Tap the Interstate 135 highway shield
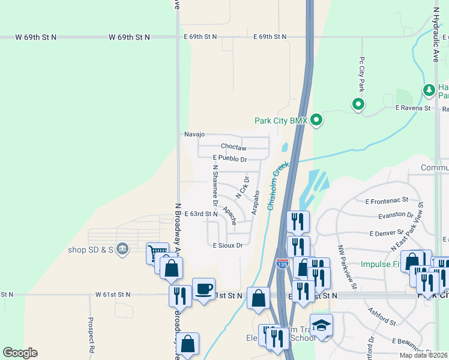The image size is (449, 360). pyautogui.click(x=282, y=263)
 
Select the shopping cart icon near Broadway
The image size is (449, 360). pyautogui.click(x=157, y=253)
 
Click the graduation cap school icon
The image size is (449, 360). pyautogui.click(x=321, y=325)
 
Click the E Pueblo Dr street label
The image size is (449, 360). pyautogui.click(x=230, y=159)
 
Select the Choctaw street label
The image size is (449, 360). pyautogui.click(x=234, y=147)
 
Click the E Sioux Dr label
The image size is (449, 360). pyautogui.click(x=228, y=245)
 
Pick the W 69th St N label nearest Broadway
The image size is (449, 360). pyautogui.click(x=129, y=37)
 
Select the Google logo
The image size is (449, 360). pyautogui.click(x=20, y=353)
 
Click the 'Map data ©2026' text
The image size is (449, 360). pyautogui.click(x=423, y=355)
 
